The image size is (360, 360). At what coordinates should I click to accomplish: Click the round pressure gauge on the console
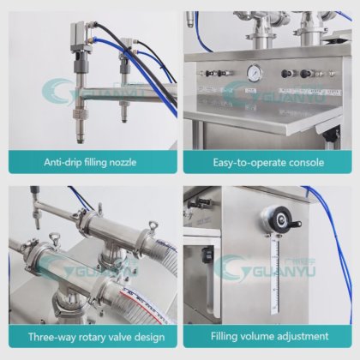[254, 74]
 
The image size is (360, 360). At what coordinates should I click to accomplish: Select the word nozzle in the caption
[123, 162]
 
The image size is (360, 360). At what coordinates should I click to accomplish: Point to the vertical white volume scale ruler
[275, 276]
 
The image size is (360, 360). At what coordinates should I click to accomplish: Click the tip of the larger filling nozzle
[81, 141]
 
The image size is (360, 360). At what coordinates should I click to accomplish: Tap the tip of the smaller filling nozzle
[123, 120]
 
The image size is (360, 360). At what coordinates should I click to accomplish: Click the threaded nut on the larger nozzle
[80, 115]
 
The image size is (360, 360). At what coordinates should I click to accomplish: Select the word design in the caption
[149, 338]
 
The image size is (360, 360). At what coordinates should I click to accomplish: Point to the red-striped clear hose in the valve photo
[143, 302]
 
